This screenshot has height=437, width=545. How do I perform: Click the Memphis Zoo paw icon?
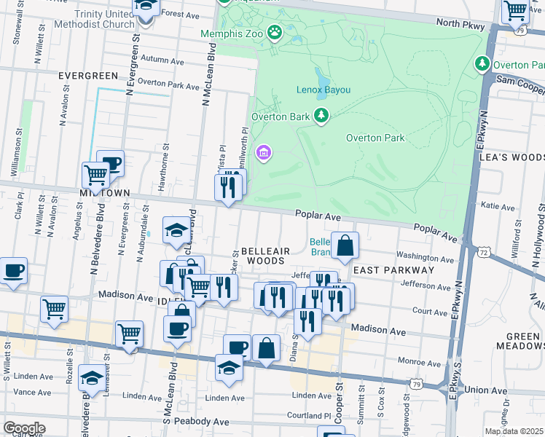[x=274, y=32]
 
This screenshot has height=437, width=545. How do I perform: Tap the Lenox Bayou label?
[x=323, y=90]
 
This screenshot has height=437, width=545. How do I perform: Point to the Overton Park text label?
[x=375, y=138]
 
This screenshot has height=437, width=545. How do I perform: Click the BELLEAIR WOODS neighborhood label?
[x=261, y=255]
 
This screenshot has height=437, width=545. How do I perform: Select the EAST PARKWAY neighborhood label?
[x=393, y=270]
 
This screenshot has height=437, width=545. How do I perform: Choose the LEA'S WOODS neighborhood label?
[x=511, y=157]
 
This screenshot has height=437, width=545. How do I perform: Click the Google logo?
[x=24, y=428]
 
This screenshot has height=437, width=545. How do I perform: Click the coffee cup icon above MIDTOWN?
[x=110, y=163]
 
